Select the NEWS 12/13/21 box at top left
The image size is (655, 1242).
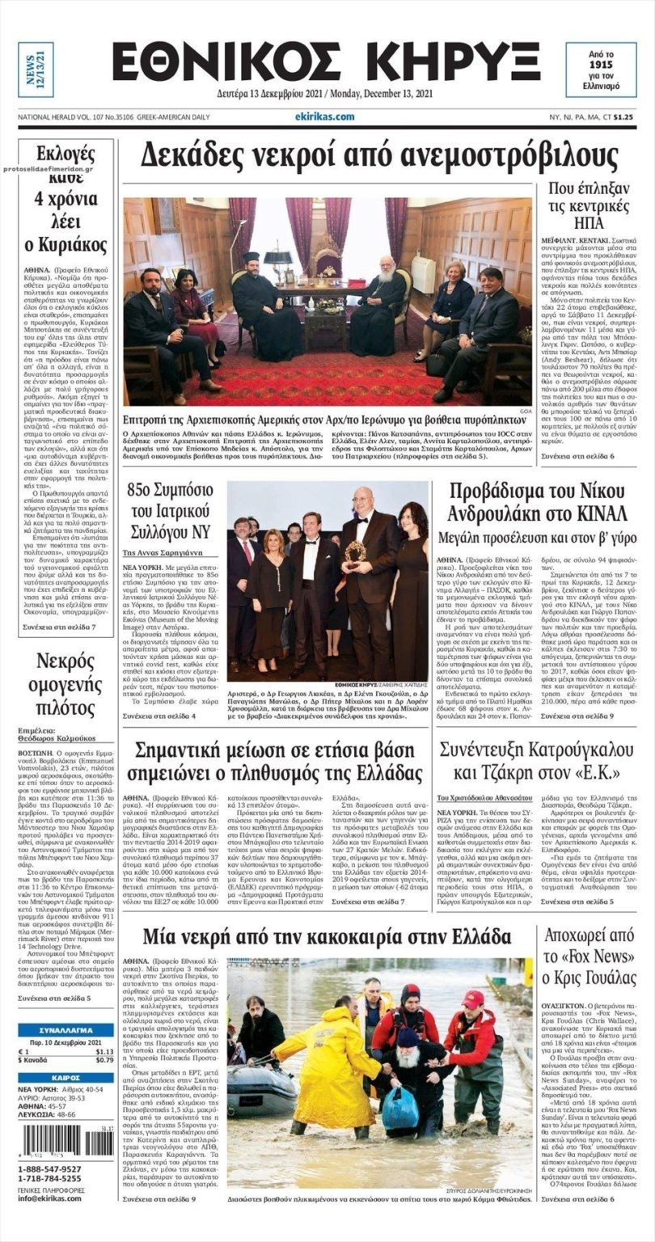click(x=36, y=70)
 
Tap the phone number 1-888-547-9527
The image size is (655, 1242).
click(x=50, y=1169)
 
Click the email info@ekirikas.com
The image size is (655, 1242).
click(x=50, y=1198)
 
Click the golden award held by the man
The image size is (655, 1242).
click(x=354, y=551)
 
